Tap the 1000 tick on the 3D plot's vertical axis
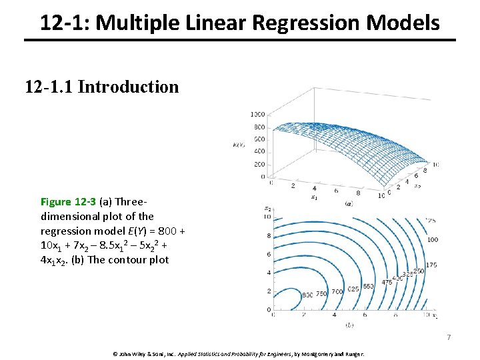(257, 115)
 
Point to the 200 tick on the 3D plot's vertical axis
(259, 164)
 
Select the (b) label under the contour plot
(349, 324)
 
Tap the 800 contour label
(307, 295)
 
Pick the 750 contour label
(322, 294)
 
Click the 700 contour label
(337, 291)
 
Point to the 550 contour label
(368, 286)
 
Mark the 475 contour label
(387, 282)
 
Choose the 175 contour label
(431, 265)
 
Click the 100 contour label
(433, 239)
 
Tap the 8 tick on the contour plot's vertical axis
(269, 236)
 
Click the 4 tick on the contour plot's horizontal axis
(334, 314)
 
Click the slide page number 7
(449, 338)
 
